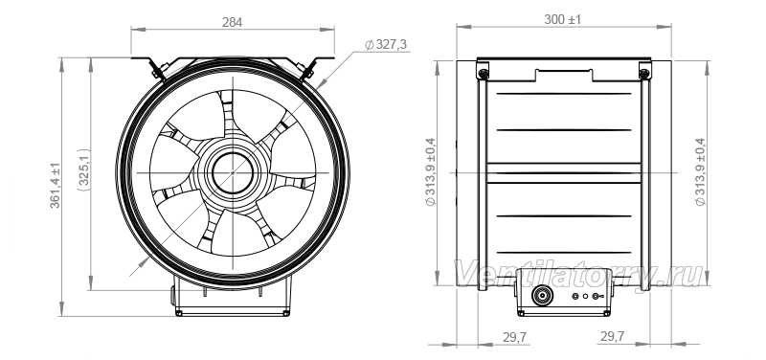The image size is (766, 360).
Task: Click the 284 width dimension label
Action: click(x=232, y=22)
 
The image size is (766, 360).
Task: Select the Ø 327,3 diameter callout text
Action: click(x=386, y=45)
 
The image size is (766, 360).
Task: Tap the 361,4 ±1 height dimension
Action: click(x=56, y=186)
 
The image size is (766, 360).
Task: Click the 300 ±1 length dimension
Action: click(x=563, y=19)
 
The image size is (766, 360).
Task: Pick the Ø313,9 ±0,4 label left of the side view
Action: click(x=430, y=172)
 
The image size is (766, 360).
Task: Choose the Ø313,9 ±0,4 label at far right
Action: click(x=701, y=172)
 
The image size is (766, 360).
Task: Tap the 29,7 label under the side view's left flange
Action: click(x=514, y=337)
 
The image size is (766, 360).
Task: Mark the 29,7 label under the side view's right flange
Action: click(x=612, y=336)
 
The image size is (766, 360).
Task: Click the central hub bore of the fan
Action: click(x=233, y=173)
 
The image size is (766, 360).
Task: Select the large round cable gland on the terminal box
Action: click(x=542, y=296)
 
